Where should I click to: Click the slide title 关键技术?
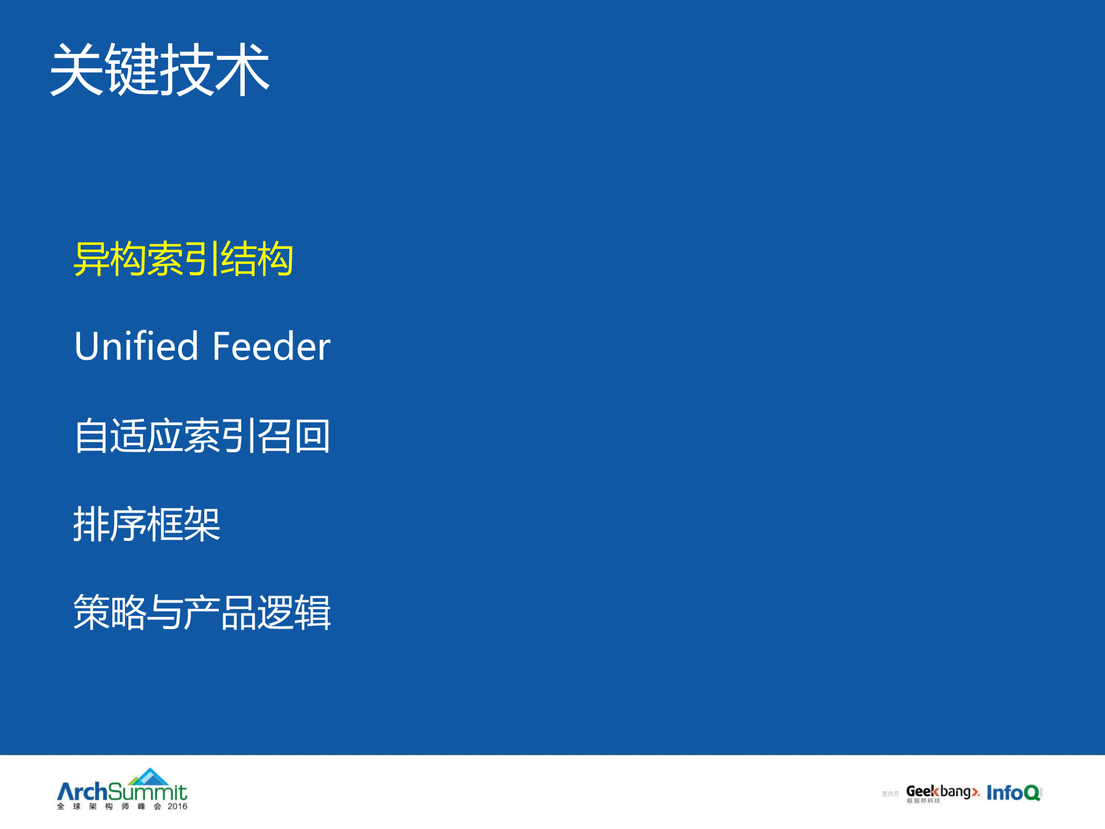[160, 70]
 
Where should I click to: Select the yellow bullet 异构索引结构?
[183, 259]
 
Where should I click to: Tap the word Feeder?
[271, 346]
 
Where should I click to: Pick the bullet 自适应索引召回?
[202, 436]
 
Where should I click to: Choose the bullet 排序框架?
[146, 524]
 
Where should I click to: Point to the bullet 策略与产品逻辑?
[202, 612]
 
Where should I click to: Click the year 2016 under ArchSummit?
[177, 807]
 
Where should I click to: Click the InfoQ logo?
[1013, 793]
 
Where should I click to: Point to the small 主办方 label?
[890, 794]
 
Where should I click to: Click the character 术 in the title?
[242, 70]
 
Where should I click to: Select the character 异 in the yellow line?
[92, 259]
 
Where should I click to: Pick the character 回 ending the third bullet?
[312, 436]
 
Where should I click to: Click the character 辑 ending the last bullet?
[312, 612]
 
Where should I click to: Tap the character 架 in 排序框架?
[202, 524]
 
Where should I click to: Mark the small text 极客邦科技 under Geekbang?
[923, 801]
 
